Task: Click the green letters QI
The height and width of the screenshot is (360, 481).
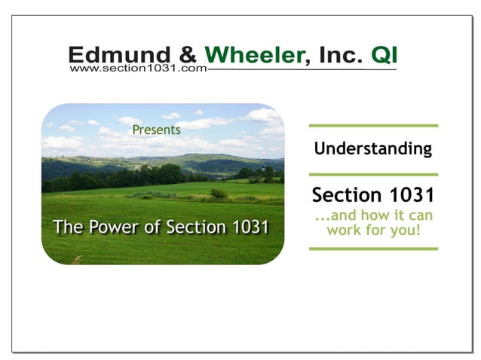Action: (x=383, y=54)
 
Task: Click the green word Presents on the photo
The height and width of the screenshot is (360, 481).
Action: (x=156, y=130)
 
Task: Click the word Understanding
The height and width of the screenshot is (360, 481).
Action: (x=373, y=148)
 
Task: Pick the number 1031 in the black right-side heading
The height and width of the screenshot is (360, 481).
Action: (x=411, y=195)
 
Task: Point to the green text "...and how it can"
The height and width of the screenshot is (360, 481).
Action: (x=373, y=215)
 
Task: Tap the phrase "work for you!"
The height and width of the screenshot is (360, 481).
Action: (x=373, y=230)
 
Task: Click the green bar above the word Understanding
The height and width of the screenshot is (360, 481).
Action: (x=373, y=125)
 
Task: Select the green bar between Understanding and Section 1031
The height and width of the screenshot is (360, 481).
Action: (x=373, y=174)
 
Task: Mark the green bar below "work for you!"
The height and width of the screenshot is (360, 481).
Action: (x=373, y=248)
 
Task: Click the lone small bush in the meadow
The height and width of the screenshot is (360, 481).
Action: (x=219, y=194)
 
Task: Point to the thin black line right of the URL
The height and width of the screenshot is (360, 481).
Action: (x=302, y=69)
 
